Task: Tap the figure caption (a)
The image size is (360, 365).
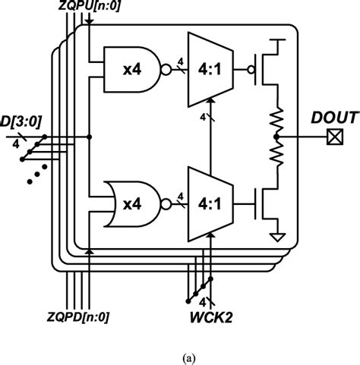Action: tap(179, 354)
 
